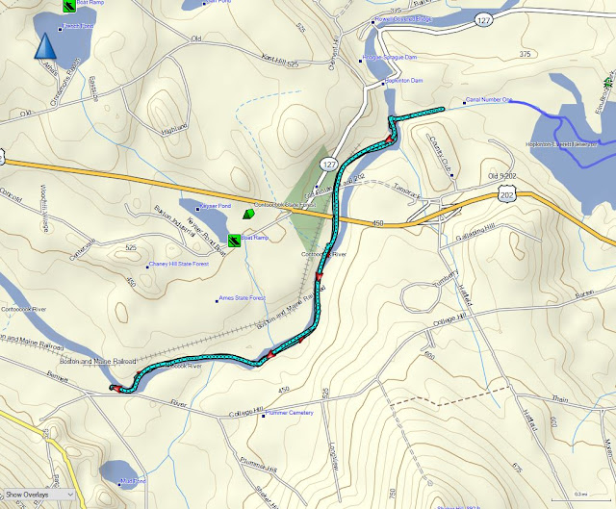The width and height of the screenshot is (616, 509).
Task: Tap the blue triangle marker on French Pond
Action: pos(43,46)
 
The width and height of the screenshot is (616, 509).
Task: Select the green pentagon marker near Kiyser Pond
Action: pos(249,214)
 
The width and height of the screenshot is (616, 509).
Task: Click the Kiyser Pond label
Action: pos(215,206)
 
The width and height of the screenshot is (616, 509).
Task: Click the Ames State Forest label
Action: pos(245,298)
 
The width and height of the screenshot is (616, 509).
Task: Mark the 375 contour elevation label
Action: pos(525,55)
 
